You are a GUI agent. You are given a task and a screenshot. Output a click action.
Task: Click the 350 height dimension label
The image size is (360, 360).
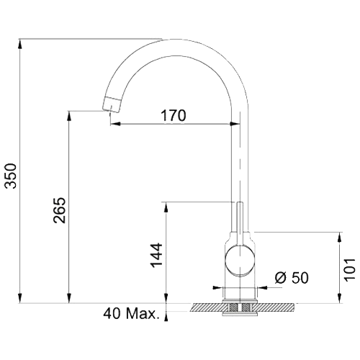pos(12,176)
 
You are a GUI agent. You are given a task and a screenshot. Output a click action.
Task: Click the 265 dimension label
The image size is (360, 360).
pos(59,210)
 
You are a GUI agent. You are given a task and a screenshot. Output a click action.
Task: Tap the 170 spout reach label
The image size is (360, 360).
pos(174,115)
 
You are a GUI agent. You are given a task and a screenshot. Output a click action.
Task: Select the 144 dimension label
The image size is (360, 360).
pos(156,255)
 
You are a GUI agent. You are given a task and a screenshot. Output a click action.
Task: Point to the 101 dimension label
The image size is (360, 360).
pos(350,269)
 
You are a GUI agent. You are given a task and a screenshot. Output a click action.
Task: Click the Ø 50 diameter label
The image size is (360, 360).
pos(292,278)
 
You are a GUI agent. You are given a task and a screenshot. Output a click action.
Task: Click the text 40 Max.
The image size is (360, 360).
pos(132,313)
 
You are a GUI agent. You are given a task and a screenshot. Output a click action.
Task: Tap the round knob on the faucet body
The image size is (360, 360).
pos(240,261)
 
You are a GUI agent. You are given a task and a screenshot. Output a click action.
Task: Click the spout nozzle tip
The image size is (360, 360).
pos(112,105)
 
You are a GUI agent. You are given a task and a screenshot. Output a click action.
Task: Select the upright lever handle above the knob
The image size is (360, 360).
pos(240,223)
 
